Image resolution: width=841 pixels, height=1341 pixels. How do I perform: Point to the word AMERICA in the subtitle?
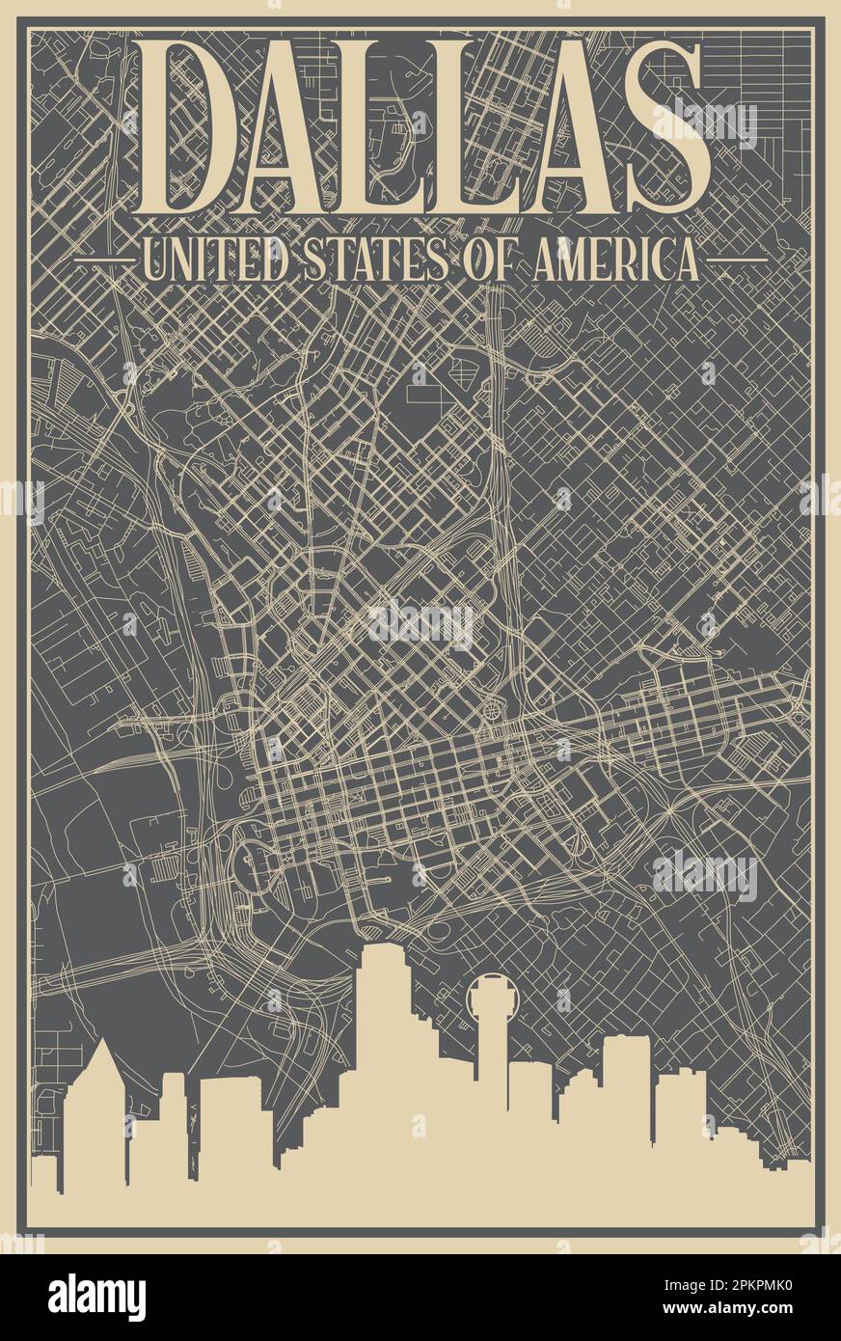[608, 260]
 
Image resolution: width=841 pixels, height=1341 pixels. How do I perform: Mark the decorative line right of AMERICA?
[739, 260]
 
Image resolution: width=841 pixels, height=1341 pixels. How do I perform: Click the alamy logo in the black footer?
[96, 1298]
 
